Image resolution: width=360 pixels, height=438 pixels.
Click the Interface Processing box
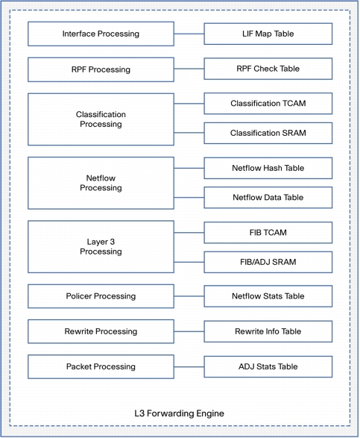point(101,34)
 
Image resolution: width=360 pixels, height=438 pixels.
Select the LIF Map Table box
point(268,34)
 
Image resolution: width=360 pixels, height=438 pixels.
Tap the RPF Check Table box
point(268,69)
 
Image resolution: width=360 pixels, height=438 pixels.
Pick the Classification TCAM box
point(268,104)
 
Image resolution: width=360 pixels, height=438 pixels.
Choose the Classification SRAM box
point(268,133)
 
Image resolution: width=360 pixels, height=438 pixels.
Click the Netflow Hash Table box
point(268,168)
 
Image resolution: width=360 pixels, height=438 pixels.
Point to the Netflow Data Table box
point(268,198)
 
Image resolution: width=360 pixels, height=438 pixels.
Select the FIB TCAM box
point(268,233)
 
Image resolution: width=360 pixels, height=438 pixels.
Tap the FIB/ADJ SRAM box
point(268,262)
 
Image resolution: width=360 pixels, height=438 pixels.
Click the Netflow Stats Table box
point(268,296)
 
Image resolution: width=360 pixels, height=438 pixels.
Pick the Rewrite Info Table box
point(268,331)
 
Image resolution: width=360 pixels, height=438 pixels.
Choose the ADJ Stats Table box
point(268,366)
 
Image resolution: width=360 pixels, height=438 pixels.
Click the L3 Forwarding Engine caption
point(179,413)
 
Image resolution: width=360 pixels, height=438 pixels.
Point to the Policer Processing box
point(101,296)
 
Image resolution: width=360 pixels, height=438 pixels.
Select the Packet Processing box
point(101,366)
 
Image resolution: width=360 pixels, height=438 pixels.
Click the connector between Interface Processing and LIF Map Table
point(189,34)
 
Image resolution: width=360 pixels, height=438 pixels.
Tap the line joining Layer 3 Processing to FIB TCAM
point(189,232)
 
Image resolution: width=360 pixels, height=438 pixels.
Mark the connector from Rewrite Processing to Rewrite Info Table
point(189,331)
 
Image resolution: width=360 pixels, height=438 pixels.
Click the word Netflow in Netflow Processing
point(101,178)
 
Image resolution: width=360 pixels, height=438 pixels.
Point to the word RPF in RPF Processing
point(79,69)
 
